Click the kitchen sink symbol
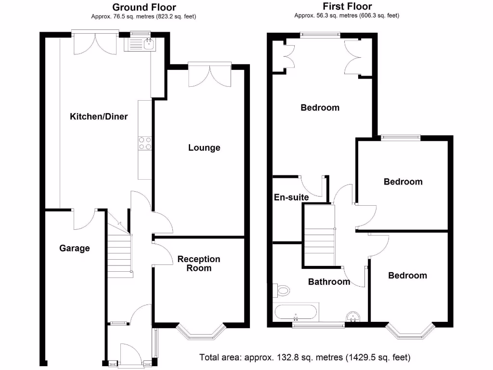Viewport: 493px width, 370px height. [139, 45]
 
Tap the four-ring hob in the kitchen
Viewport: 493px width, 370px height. [145, 143]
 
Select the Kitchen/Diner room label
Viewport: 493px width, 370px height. [99, 117]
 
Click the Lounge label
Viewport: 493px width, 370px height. [204, 148]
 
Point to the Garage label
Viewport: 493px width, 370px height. [75, 249]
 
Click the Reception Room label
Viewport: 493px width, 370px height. [199, 264]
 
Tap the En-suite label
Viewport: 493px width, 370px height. [291, 197]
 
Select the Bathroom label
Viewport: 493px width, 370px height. [329, 282]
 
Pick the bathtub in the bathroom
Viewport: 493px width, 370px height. [296, 312]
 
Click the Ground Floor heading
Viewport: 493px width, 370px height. [144, 7]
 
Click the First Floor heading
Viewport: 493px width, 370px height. [347, 7]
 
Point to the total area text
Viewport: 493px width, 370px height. [305, 357]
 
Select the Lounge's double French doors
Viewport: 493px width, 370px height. [209, 74]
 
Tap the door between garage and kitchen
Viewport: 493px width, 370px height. [83, 219]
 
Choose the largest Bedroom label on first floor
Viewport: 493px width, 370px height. [320, 107]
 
